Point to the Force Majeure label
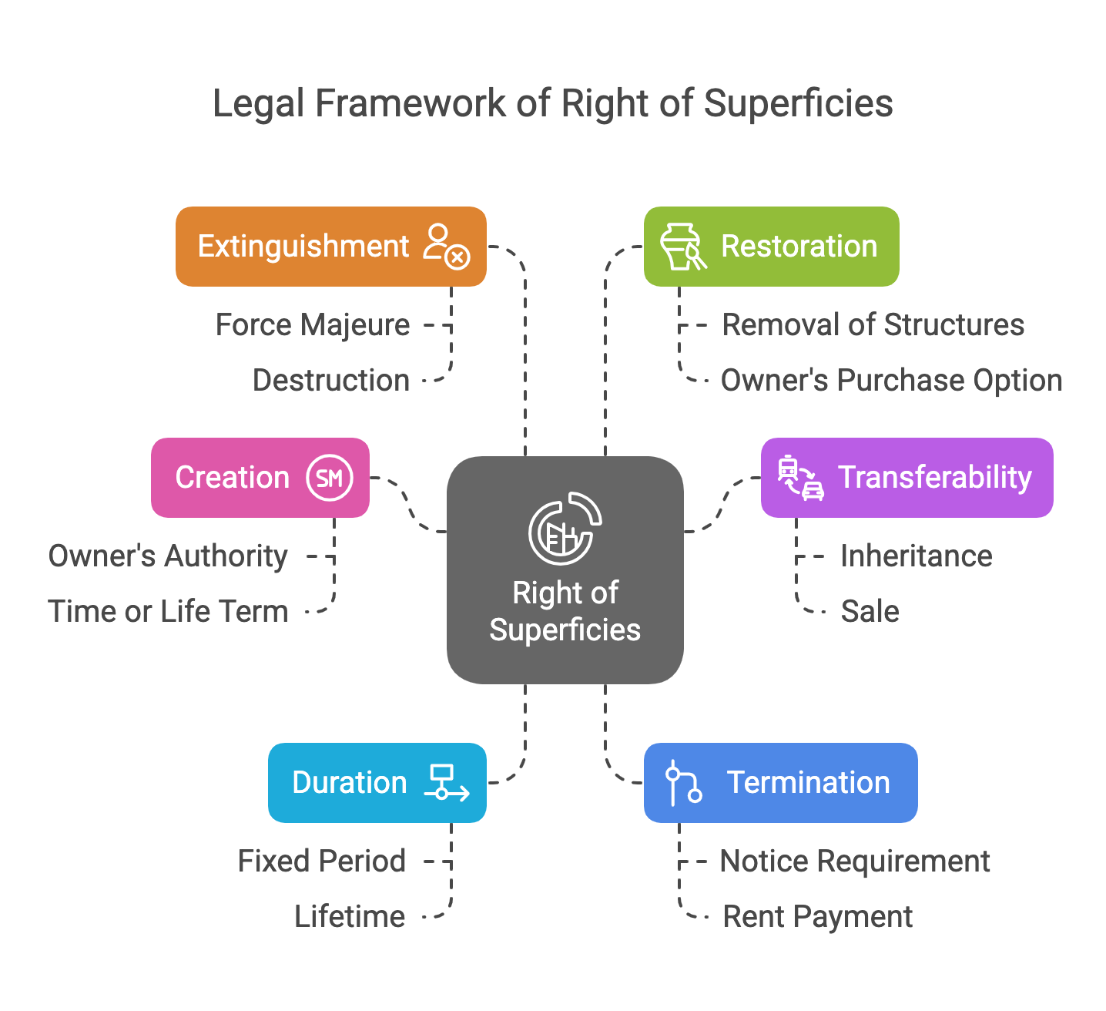(x=312, y=325)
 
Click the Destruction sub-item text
(x=330, y=381)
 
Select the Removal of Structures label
(x=873, y=325)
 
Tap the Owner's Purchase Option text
(x=891, y=381)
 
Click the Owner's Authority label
(x=168, y=556)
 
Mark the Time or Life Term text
(x=168, y=612)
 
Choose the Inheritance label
(x=916, y=556)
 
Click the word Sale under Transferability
(x=870, y=612)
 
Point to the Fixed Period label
(x=321, y=862)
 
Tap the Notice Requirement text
(x=854, y=862)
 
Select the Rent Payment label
(x=817, y=917)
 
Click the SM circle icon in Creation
(x=330, y=479)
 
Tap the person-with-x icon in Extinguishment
(x=447, y=246)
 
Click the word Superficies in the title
(x=798, y=103)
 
